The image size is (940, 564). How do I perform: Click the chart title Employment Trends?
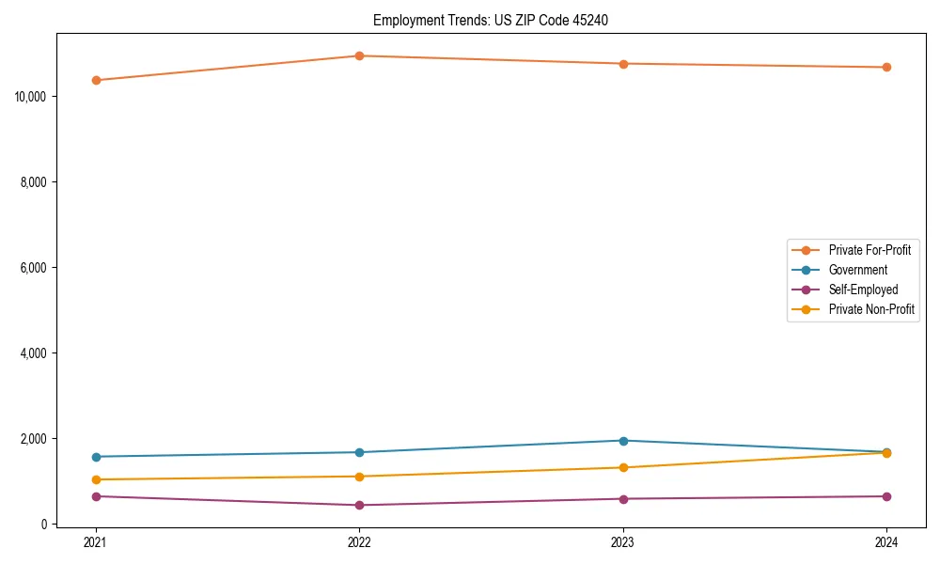click(491, 20)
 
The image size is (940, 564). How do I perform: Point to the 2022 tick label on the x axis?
click(359, 542)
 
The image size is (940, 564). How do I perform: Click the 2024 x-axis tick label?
click(886, 542)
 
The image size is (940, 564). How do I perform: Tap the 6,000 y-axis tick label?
click(35, 268)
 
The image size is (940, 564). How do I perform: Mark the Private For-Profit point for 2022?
click(359, 55)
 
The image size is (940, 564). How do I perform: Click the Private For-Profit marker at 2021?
click(95, 80)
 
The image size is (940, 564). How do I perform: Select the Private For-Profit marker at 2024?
click(886, 67)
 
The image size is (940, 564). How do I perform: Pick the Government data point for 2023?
click(623, 441)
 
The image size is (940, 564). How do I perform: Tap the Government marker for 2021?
click(95, 457)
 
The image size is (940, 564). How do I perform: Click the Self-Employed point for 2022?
click(359, 505)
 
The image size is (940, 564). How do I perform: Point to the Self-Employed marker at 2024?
click(886, 496)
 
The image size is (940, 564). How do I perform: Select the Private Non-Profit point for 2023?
click(623, 467)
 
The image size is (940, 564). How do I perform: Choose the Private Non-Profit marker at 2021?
click(95, 479)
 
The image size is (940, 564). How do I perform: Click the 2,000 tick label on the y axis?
click(35, 439)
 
